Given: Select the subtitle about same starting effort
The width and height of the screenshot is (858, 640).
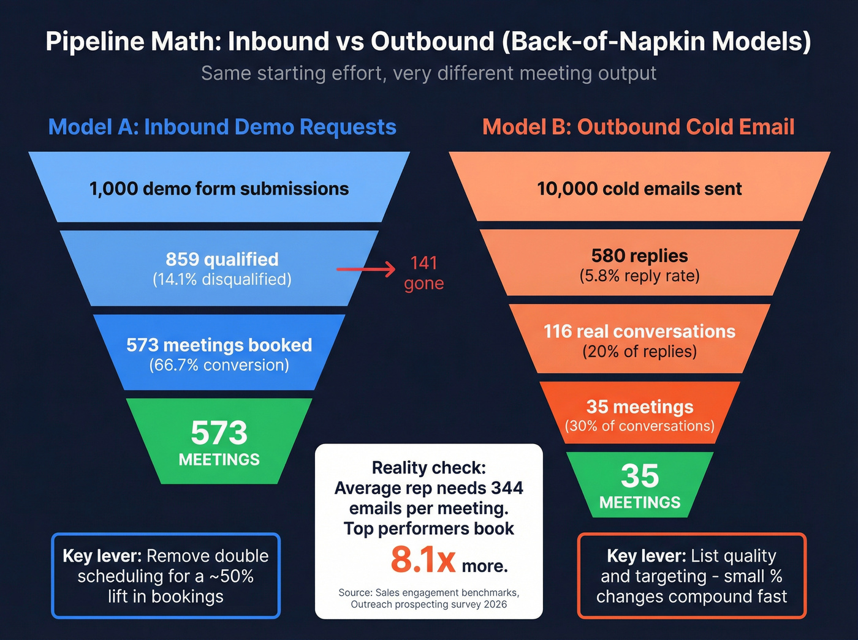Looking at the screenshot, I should point(428,73).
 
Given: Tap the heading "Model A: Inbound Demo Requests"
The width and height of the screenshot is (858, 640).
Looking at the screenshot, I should point(222,127).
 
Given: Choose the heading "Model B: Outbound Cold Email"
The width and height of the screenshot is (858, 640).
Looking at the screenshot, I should point(638,127).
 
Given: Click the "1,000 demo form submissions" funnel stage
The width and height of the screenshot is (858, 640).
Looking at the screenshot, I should point(219,189).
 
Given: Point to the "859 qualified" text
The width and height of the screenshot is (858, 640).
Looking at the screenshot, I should point(222,259).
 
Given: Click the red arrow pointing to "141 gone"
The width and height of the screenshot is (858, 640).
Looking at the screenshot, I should point(366,269).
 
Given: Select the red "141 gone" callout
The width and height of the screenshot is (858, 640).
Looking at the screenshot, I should point(423,273).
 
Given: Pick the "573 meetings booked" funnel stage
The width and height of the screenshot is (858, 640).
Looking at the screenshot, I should point(219,345).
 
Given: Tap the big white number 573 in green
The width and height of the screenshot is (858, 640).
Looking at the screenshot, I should point(219,433).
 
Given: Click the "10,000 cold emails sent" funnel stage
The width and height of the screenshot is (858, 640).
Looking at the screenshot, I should point(639,189).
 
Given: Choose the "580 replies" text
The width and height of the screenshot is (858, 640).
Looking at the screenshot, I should point(639,255).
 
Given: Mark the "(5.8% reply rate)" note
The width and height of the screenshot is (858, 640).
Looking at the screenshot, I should point(639,276).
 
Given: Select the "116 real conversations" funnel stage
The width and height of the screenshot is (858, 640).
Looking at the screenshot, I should point(639,331).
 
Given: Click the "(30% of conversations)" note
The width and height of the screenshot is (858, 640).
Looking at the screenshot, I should point(639,426).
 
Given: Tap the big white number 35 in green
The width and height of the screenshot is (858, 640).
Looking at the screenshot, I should point(640,476).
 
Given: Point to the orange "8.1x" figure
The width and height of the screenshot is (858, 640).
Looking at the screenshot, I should point(423,560).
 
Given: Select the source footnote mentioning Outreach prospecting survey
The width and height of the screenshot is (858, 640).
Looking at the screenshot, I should point(428,598).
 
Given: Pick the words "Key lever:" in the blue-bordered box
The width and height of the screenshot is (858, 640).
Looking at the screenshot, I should point(102,556).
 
